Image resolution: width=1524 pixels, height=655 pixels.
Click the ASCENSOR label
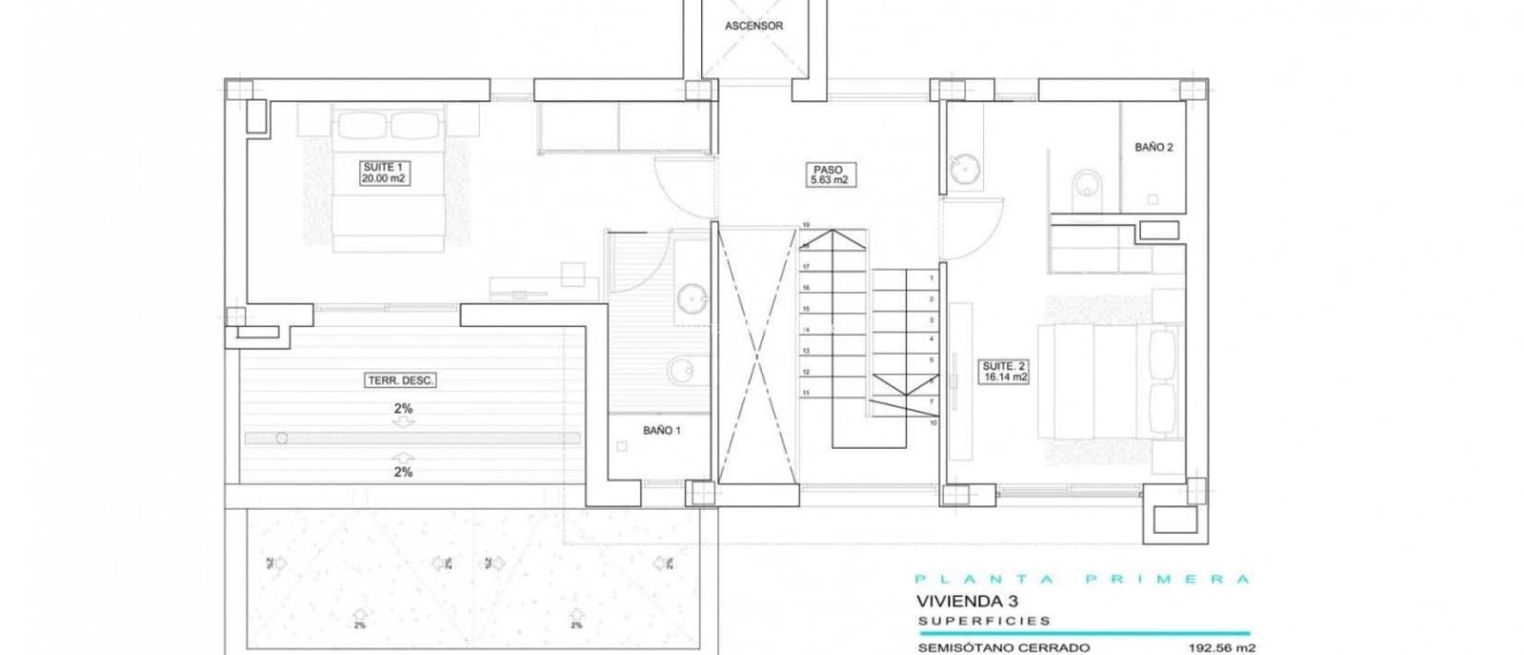pos(753,26)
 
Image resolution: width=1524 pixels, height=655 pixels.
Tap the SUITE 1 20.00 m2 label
pos(385,173)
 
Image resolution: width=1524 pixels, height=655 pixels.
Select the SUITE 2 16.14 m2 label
pos(1005,371)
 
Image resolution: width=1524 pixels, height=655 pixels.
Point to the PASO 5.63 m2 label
pos(828,174)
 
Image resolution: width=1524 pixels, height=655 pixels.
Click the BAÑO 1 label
pos(662,430)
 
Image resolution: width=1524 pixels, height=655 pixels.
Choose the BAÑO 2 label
pos(1153,148)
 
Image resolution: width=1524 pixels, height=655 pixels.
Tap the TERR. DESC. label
pos(401,380)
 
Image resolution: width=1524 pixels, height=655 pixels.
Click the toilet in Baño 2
pos(1085,183)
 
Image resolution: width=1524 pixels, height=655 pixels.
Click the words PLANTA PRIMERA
pos(1081,579)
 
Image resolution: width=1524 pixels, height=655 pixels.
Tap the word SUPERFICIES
pos(984,621)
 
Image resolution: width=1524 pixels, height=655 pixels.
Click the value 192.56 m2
pos(1222,648)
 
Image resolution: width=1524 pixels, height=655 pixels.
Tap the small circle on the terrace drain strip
pos(281,438)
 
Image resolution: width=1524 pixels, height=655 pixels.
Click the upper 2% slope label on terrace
pos(403,408)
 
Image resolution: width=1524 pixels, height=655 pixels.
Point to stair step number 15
pos(806,309)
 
